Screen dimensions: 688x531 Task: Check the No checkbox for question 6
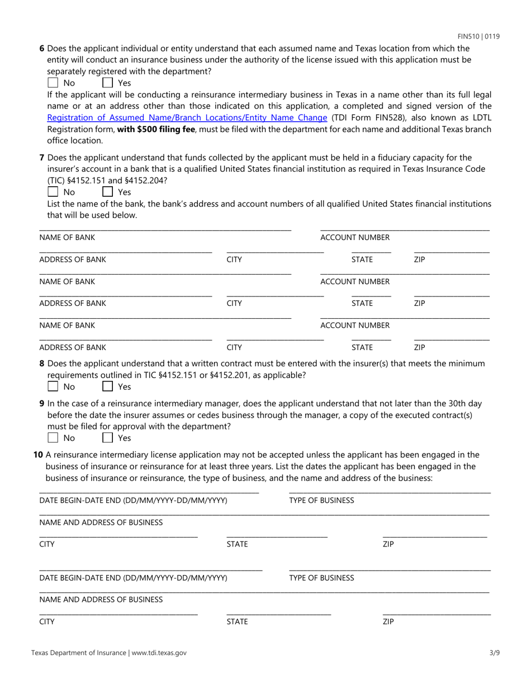tap(53, 83)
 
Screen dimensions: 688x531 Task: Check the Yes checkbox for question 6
tap(108, 83)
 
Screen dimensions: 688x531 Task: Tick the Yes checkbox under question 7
tap(108, 192)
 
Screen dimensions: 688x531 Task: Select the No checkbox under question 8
tap(53, 387)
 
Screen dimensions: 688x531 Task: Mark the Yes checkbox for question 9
tap(108, 437)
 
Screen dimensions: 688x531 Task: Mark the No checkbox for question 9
tap(53, 437)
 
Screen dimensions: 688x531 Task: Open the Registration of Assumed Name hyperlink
tap(187, 117)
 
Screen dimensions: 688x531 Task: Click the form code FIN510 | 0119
tap(478, 36)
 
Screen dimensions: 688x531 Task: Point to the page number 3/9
tap(494, 652)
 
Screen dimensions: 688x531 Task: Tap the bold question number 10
tap(38, 455)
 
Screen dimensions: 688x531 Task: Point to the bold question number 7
tap(42, 158)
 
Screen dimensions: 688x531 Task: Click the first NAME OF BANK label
tap(67, 237)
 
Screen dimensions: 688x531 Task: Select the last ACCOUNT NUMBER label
tap(355, 325)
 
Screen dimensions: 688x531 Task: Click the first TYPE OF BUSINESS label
tap(321, 500)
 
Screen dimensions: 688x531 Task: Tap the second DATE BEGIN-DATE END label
tap(133, 577)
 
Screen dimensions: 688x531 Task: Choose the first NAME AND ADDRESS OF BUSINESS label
tap(101, 522)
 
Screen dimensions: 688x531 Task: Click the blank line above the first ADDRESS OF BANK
tap(125, 252)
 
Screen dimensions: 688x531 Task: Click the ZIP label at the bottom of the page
tap(388, 621)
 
